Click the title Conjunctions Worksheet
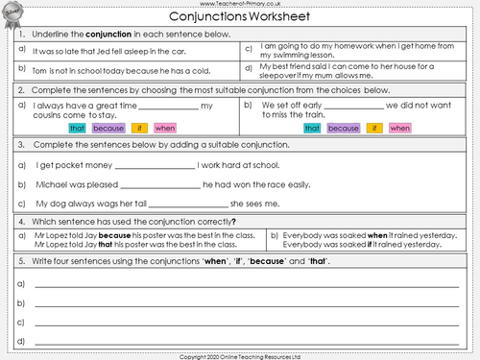[x=239, y=17]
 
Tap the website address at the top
[x=239, y=4]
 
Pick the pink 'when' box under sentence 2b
[x=400, y=128]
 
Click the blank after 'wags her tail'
[x=190, y=204]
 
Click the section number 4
[x=21, y=221]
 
